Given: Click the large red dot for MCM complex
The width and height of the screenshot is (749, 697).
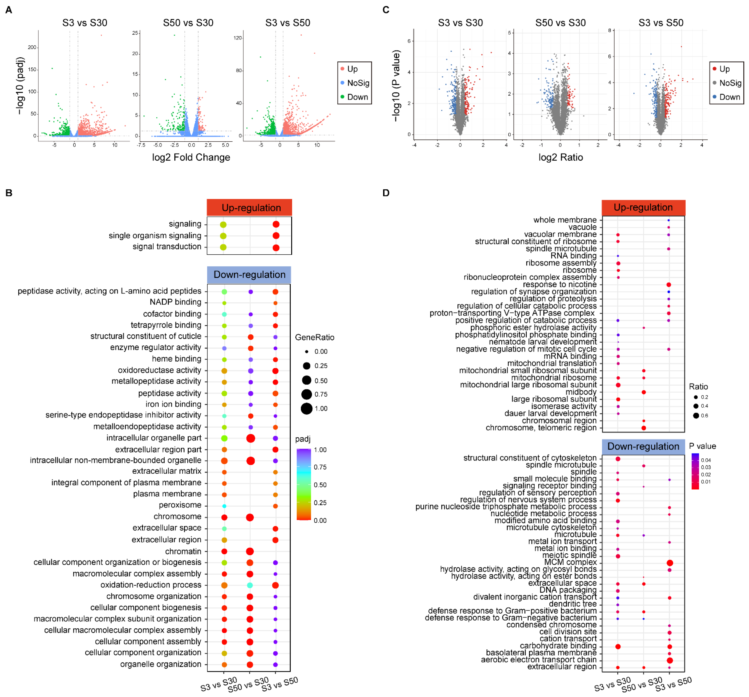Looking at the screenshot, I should click(670, 563).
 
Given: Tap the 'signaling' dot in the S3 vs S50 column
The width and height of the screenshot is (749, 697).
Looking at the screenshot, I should click(276, 224).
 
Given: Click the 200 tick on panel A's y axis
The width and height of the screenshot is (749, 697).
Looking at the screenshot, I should click(32, 47).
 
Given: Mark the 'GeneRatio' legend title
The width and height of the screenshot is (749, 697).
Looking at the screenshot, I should click(314, 337).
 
